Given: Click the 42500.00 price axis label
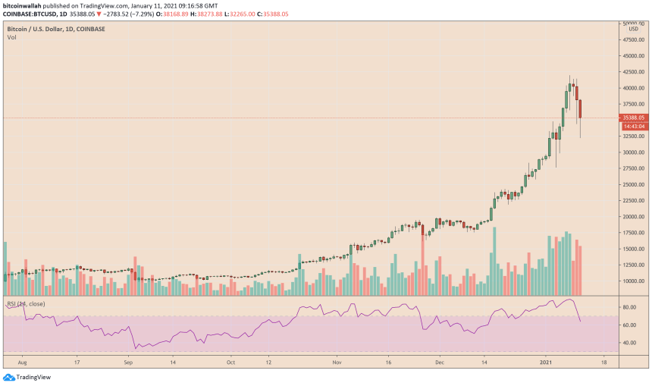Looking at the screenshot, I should tap(632, 72).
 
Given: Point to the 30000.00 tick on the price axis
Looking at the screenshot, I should tap(632, 152).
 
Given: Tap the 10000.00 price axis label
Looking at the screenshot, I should tap(632, 281).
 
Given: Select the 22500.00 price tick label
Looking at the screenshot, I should tap(632, 201).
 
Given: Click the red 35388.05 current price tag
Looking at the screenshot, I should tap(633, 118).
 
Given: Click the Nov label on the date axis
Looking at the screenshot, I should tap(335, 362).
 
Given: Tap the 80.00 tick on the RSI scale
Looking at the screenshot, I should tap(628, 308).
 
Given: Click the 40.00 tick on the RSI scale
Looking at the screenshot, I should tap(628, 343).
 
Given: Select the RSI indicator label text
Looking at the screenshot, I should tap(26, 304).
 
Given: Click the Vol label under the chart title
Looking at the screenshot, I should tap(11, 37).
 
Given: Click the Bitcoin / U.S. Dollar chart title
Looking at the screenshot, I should tap(56, 29).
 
